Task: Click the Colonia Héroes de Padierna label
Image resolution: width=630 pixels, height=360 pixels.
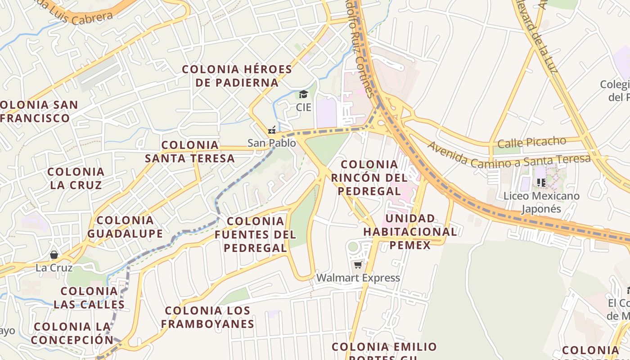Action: [x=237, y=76]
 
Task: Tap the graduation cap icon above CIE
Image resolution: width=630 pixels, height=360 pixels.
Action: [x=303, y=94]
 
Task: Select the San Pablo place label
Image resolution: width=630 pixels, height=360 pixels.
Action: [x=272, y=143]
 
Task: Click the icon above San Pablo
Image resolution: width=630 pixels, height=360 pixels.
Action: [x=271, y=130]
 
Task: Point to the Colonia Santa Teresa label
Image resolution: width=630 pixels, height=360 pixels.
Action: [x=189, y=152]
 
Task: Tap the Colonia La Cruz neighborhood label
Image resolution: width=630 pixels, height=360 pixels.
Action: [x=76, y=178]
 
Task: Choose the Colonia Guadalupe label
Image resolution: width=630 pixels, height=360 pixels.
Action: [x=125, y=227]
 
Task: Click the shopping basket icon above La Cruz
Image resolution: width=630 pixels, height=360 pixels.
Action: [x=54, y=255]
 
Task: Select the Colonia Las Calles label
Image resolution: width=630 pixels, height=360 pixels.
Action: [x=89, y=297]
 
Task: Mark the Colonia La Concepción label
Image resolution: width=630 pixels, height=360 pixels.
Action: [x=72, y=333]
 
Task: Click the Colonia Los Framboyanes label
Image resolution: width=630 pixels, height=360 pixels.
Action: [x=207, y=317]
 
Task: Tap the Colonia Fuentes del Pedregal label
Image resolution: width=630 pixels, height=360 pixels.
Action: [x=255, y=234]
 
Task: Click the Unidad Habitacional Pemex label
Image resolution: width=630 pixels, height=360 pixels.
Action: [x=410, y=232]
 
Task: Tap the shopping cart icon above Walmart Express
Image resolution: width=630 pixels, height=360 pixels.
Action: [x=358, y=265]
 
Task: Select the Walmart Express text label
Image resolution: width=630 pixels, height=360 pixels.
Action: [x=358, y=278]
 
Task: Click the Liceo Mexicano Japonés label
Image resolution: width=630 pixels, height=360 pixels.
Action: [x=541, y=202]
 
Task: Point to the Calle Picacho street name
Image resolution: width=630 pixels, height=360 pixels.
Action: [x=531, y=142]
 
